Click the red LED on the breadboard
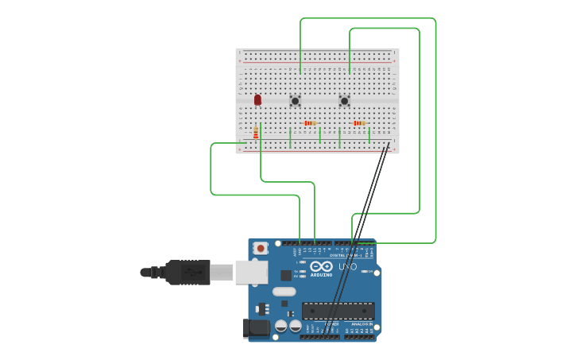coord(257,100)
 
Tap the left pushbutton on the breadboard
coord(295,101)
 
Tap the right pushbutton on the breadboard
coord(344,101)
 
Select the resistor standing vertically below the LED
coord(256,133)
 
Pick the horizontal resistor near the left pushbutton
coord(310,123)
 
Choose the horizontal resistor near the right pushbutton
coord(359,123)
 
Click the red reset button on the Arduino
coord(260,249)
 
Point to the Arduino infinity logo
coord(322,266)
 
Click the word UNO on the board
coord(348,267)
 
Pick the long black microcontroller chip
coord(338,311)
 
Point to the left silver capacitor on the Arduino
coord(281,326)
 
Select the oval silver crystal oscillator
coord(284,292)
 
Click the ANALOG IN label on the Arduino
coord(361,324)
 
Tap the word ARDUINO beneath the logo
coord(322,275)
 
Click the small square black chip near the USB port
coord(286,275)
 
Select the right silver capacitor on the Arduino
coord(295,326)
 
